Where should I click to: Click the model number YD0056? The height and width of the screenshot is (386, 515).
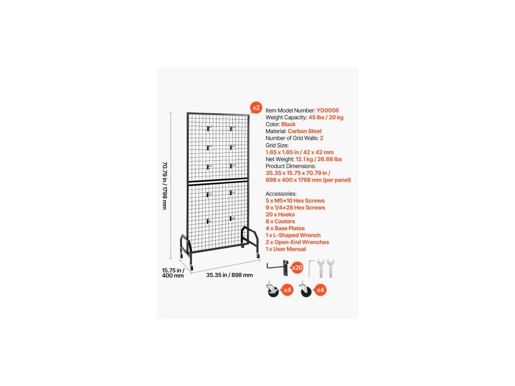pos(327,110)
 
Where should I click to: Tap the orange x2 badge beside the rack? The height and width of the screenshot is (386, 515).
pos(256,108)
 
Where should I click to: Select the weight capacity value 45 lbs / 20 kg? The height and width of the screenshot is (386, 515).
pos(326,117)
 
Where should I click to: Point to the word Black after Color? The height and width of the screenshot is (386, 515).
pos(289,124)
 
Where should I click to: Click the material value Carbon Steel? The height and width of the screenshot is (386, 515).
pos(304,131)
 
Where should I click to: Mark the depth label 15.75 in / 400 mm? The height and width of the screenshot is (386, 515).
pos(173,272)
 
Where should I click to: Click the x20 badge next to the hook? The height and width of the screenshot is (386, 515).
pos(297,268)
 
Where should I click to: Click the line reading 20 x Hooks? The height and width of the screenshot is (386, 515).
pos(280,215)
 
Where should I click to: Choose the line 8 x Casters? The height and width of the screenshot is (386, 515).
pos(280,222)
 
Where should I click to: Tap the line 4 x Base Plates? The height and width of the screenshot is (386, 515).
pos(286,228)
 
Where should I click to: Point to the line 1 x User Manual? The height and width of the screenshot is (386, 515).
pos(286,249)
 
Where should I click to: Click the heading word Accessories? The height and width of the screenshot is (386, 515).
pos(281,194)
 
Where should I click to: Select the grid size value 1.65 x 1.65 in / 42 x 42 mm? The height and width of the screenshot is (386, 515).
pos(299,152)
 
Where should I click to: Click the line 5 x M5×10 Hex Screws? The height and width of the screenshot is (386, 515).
pos(295,201)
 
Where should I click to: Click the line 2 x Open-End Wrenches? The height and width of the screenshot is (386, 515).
pos(297,242)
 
